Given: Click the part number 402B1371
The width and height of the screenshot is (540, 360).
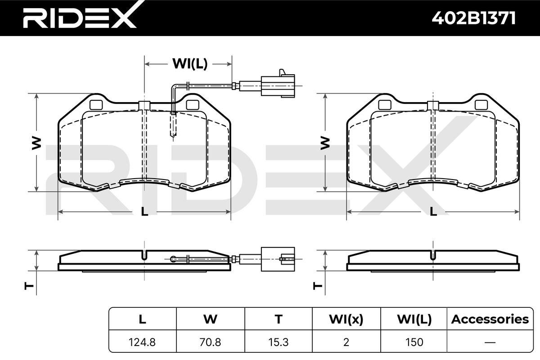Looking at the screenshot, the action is click(474, 18).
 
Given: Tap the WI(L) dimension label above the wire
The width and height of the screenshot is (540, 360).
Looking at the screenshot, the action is click(190, 64).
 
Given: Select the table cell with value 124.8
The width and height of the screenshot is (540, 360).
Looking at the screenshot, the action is click(142, 342).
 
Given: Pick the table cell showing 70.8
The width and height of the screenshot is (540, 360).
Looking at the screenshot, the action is click(210, 342).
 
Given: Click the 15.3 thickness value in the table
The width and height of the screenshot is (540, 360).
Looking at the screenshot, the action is click(279, 342).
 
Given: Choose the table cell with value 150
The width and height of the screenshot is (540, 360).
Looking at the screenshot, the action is click(414, 342).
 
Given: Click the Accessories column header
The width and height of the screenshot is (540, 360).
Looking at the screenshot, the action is click(490, 319).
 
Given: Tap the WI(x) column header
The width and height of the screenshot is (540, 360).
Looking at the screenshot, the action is click(346, 319).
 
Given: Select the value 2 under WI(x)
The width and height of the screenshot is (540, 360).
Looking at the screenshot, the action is click(346, 342).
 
